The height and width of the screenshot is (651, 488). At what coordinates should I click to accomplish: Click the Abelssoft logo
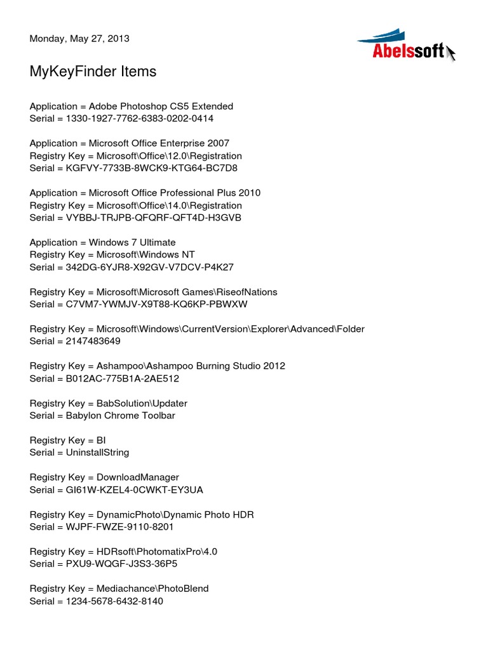[407, 46]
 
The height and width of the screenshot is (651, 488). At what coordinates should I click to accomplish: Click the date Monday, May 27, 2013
[79, 38]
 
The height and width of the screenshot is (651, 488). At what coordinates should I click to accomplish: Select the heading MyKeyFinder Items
[93, 72]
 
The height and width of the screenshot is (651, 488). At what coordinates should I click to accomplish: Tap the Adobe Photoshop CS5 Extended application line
[132, 106]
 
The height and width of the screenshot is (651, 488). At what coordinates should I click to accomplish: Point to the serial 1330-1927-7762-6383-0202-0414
[121, 119]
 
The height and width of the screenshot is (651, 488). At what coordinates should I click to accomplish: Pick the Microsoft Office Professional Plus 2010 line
[145, 193]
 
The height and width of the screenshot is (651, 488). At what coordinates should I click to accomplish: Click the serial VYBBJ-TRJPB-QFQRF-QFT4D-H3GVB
[135, 218]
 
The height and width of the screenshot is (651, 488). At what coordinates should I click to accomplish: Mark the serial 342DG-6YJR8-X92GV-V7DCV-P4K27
[132, 268]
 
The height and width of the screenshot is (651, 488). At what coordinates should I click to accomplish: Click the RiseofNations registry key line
[153, 292]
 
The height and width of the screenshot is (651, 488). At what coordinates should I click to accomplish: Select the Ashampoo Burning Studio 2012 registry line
[158, 367]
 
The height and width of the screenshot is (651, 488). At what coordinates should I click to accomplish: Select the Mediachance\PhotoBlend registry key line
[119, 589]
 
